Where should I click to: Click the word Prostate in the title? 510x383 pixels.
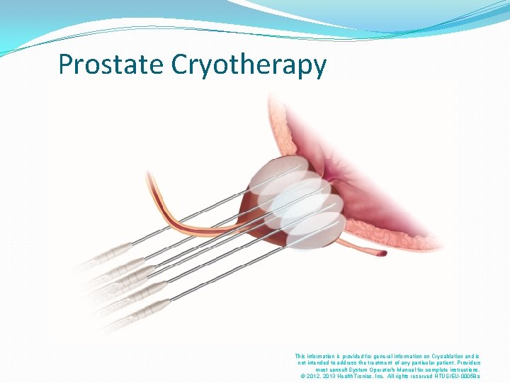click(x=111, y=65)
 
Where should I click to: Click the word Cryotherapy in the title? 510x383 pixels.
click(x=249, y=65)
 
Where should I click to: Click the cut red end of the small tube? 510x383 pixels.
click(x=382, y=252)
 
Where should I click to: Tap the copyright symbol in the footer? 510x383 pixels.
click(x=303, y=376)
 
